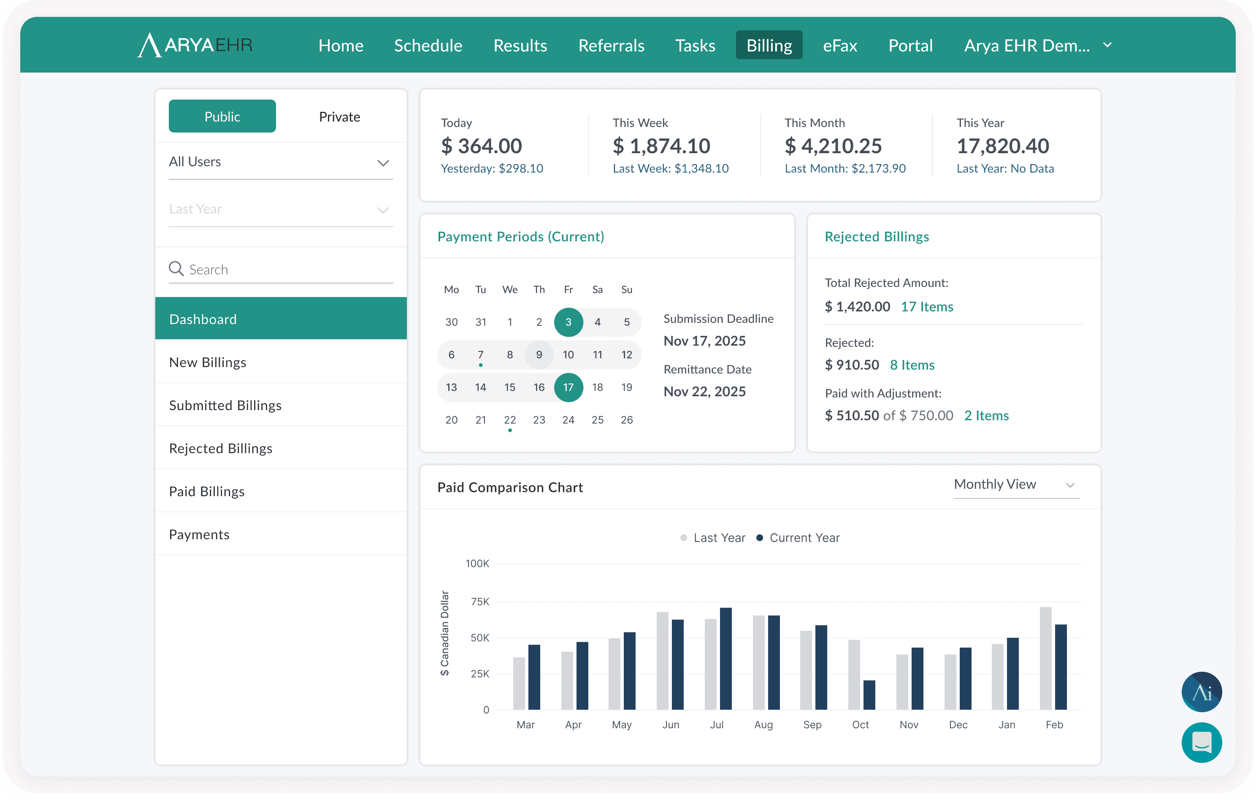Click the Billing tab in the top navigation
point(769,46)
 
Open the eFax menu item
point(840,46)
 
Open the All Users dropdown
point(281,162)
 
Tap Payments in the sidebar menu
point(199,535)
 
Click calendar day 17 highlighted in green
point(568,387)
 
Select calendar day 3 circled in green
point(568,322)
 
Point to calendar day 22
point(509,420)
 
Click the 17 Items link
point(927,307)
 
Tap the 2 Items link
point(986,416)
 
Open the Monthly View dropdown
point(1016,484)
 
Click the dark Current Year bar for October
point(869,695)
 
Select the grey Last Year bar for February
point(1045,658)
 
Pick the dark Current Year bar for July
point(725,659)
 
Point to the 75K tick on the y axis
point(480,602)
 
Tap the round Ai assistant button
point(1201,692)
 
